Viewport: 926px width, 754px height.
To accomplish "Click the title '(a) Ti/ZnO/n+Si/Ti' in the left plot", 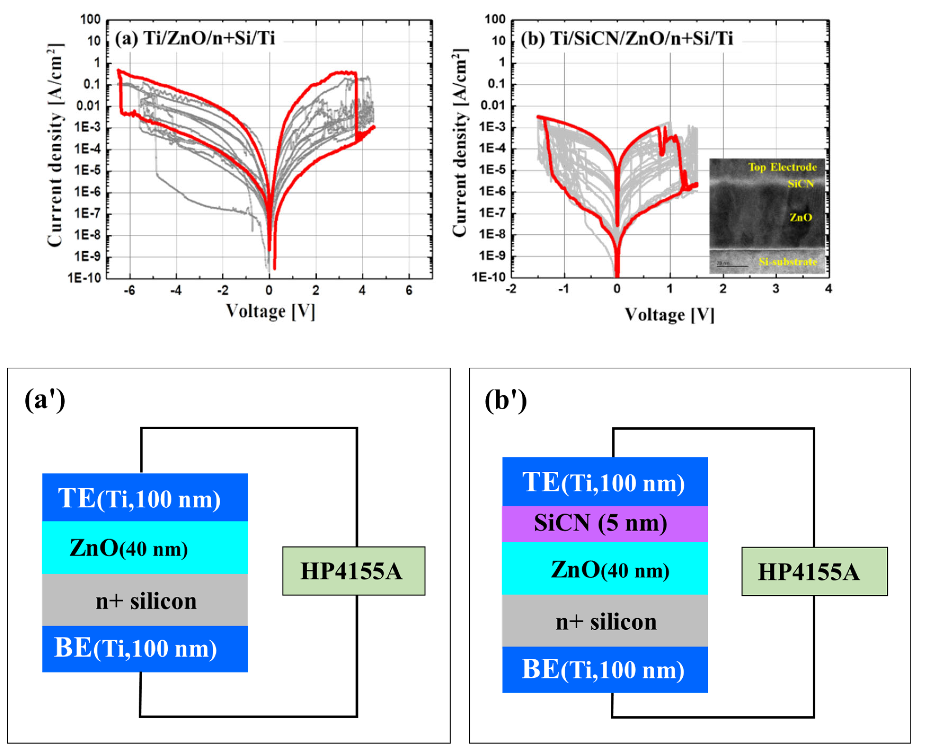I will coord(195,39).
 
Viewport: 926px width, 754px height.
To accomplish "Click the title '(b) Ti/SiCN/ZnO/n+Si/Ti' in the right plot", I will coord(626,39).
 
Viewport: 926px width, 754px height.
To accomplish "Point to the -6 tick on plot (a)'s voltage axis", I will coord(130,291).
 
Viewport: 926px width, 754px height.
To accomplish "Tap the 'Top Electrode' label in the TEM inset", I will coord(782,167).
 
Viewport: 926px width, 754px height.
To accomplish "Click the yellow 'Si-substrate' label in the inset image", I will coord(787,262).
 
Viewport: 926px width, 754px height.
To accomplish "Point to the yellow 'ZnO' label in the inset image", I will coord(800,217).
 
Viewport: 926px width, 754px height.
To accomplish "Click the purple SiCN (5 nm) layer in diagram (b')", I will coord(604,523).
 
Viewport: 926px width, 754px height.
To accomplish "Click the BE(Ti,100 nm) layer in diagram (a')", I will coord(145,648).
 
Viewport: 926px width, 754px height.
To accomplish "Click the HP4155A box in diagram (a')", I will coord(353,571).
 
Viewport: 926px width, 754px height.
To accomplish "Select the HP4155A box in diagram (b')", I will coord(814,572).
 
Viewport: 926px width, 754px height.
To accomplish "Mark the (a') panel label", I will coord(45,400).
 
